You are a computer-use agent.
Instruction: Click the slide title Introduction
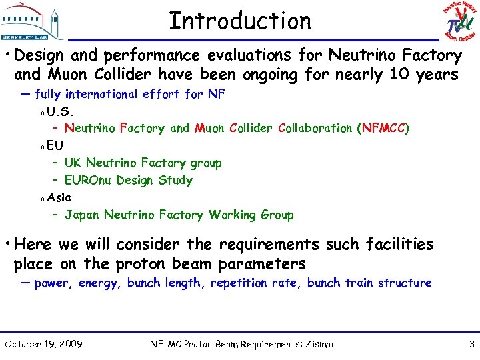tap(240, 21)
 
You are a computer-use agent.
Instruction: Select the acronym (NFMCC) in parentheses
tap(383, 128)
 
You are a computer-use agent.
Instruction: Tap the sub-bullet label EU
tap(55, 145)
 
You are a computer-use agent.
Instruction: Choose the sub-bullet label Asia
tap(59, 197)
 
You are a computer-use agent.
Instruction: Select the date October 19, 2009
tap(43, 344)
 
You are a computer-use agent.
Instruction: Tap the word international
tap(107, 94)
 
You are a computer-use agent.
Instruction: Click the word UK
tap(73, 163)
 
